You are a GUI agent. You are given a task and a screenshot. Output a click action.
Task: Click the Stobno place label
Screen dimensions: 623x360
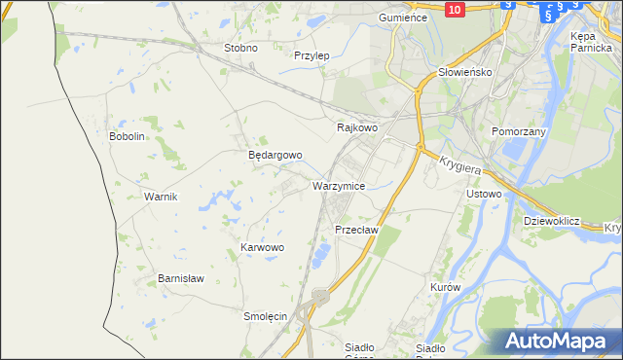[240, 48]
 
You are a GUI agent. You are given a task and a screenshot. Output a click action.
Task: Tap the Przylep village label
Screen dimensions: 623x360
[311, 55]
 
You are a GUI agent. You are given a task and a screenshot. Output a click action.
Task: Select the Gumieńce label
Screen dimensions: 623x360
[403, 18]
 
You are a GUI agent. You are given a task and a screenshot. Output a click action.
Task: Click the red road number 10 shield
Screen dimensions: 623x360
[455, 8]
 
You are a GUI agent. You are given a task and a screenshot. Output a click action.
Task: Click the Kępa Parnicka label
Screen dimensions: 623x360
[590, 41]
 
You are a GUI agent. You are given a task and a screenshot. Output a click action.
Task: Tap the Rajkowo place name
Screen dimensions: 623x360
[356, 127]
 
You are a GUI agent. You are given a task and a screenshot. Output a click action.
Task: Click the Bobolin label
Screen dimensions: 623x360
[127, 136]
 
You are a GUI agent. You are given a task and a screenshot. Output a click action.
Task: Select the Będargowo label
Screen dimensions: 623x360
[275, 155]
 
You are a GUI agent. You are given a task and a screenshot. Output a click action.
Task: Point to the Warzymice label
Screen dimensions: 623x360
[339, 185]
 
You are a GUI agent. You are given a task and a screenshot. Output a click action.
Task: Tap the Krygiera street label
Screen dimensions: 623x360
[462, 167]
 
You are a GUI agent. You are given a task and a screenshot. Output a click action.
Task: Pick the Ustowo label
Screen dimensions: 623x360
[484, 194]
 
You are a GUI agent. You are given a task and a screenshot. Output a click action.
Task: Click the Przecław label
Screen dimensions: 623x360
[355, 230]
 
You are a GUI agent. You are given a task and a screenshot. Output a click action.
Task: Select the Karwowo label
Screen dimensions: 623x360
[262, 248]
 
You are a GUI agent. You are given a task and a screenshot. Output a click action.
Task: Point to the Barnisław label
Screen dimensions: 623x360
[181, 278]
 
